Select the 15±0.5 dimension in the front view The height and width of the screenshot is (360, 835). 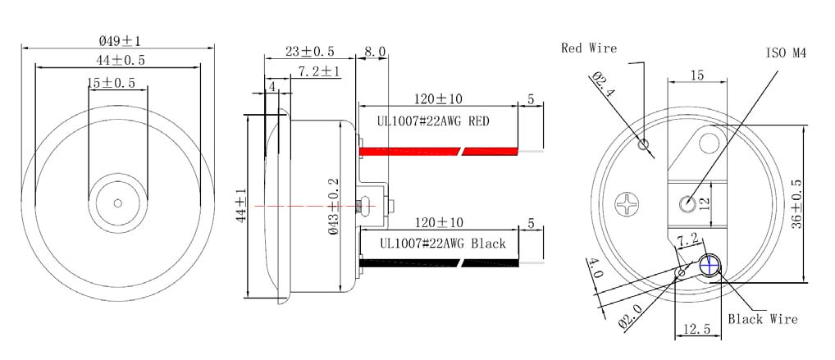(x=112, y=83)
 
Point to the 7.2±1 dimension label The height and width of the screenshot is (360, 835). (x=319, y=71)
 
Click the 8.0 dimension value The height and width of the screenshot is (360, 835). (x=374, y=52)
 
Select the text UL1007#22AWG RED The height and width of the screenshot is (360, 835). (x=432, y=121)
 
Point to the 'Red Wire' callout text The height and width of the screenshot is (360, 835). (x=588, y=48)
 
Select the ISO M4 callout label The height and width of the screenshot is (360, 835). (x=786, y=52)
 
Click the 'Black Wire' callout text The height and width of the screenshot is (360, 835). (x=762, y=319)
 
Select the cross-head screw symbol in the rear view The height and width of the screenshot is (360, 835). (x=629, y=203)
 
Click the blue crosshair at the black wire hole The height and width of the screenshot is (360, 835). (x=710, y=264)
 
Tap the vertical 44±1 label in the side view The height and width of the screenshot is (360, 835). (x=240, y=206)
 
